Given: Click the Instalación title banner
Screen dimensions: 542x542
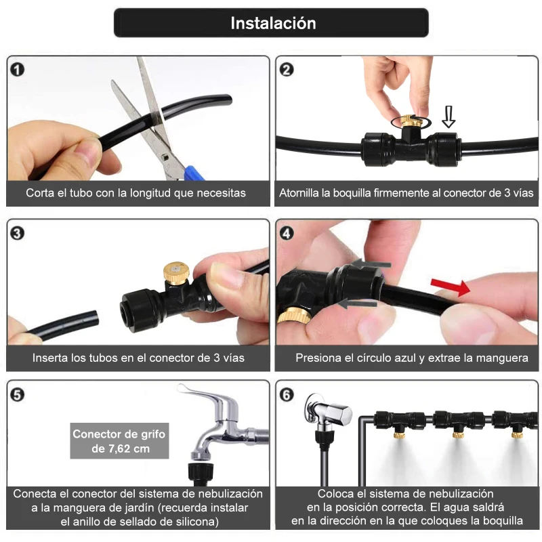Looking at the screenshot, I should (x=271, y=23).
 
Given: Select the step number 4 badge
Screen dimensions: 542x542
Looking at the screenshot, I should (x=287, y=233).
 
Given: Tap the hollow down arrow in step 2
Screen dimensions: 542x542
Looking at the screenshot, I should (x=448, y=116).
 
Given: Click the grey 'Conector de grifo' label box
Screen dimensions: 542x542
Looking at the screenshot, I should (x=119, y=441).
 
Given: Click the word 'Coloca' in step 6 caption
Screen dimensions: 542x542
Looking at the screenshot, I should (x=335, y=494).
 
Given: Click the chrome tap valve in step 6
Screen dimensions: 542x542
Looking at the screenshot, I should (x=327, y=414).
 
